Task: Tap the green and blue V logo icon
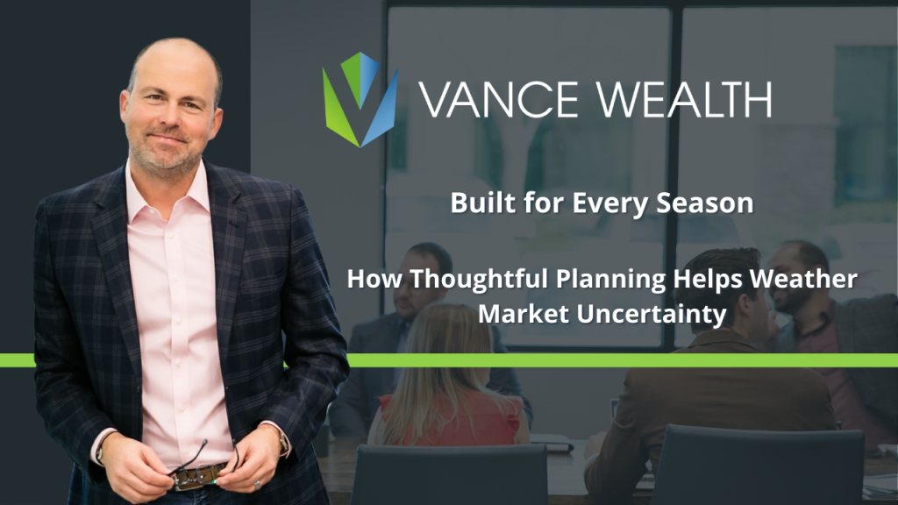360,99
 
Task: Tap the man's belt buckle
189,477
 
